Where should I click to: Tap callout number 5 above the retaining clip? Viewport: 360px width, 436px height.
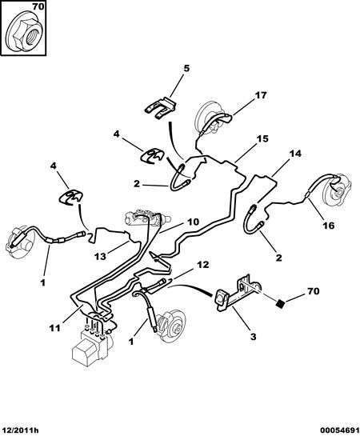tap(186, 68)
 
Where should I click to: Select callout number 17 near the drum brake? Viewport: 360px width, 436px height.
tap(261, 95)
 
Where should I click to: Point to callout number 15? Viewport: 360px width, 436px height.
tap(262, 138)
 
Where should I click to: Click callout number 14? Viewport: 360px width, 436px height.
tap(295, 154)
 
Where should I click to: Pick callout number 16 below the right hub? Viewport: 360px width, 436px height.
tap(328, 226)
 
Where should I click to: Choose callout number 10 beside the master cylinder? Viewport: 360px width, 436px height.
tap(194, 222)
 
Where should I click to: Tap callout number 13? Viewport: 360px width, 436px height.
tap(100, 256)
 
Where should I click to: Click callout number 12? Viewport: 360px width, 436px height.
tap(202, 265)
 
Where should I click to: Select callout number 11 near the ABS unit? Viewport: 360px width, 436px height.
tap(54, 328)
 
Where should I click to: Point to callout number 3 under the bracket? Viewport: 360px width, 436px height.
tap(253, 337)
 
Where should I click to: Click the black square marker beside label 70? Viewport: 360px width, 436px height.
tap(281, 304)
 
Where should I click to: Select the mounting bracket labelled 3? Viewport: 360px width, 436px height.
tap(238, 292)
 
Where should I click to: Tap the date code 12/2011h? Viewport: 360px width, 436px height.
tap(20, 431)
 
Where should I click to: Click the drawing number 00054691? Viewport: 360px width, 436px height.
tap(340, 431)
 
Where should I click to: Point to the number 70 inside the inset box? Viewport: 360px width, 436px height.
tap(38, 7)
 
